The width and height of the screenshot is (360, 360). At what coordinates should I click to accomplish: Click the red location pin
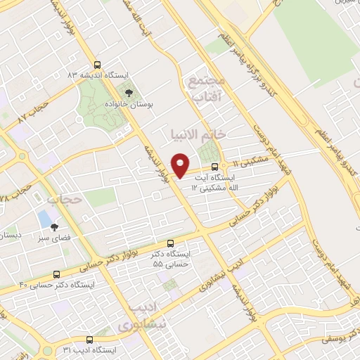pyautogui.click(x=181, y=165)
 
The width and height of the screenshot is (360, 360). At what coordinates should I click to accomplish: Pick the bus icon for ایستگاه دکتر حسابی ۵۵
pyautogui.click(x=170, y=243)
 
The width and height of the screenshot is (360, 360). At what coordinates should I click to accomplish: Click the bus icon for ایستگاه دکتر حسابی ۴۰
pyautogui.click(x=56, y=274)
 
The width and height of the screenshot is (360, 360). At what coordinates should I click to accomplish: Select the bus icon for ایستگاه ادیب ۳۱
pyautogui.click(x=89, y=339)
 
